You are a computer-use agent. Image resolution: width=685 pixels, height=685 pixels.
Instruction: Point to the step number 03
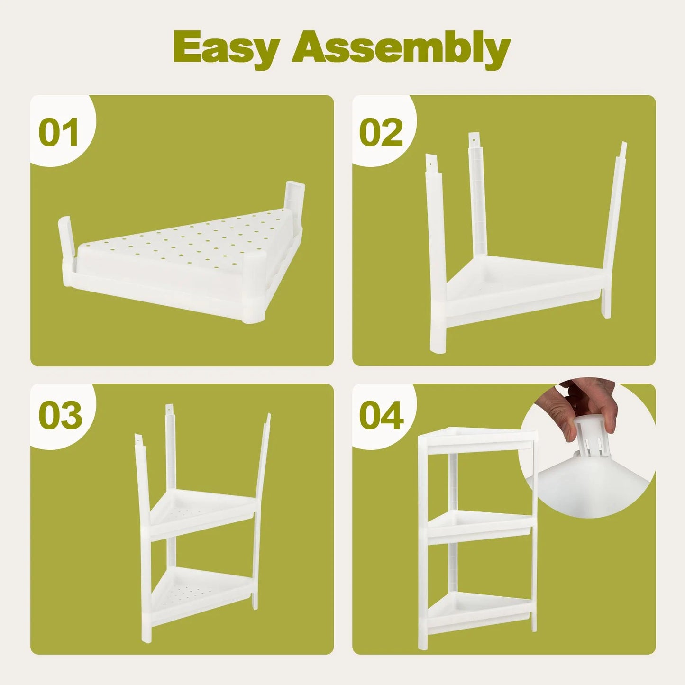(x=60, y=416)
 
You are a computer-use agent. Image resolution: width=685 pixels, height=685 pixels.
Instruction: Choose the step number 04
(x=382, y=416)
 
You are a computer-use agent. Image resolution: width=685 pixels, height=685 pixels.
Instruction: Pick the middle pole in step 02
(x=477, y=199)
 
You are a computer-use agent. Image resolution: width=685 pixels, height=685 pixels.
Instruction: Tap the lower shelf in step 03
(x=199, y=590)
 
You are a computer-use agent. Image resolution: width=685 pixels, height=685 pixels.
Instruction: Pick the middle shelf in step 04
(x=479, y=526)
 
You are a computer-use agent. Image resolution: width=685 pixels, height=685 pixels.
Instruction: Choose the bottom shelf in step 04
(x=479, y=609)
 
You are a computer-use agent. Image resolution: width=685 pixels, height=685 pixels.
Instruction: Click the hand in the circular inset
(x=588, y=403)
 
